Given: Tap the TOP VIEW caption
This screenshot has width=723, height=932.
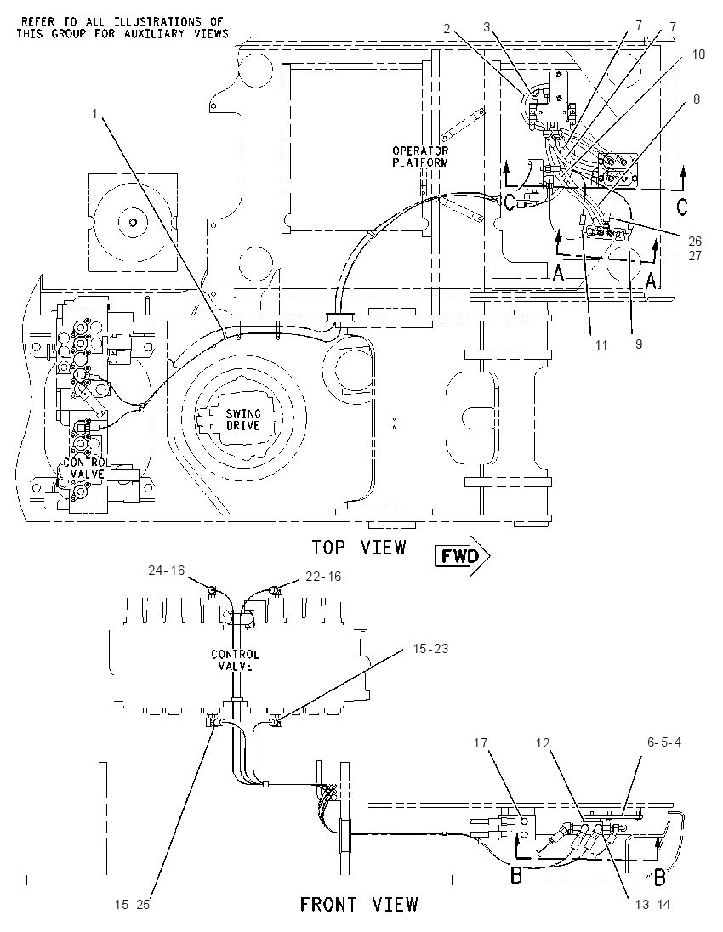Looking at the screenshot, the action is click(x=360, y=548).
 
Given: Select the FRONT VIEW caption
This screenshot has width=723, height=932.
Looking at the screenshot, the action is click(x=359, y=904).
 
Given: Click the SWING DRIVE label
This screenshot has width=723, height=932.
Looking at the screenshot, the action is click(x=242, y=419).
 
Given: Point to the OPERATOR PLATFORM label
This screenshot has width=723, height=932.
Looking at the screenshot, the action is click(x=420, y=156).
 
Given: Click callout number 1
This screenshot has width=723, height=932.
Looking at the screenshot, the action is click(x=94, y=113).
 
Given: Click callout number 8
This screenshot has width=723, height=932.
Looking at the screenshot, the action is click(x=697, y=99).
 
